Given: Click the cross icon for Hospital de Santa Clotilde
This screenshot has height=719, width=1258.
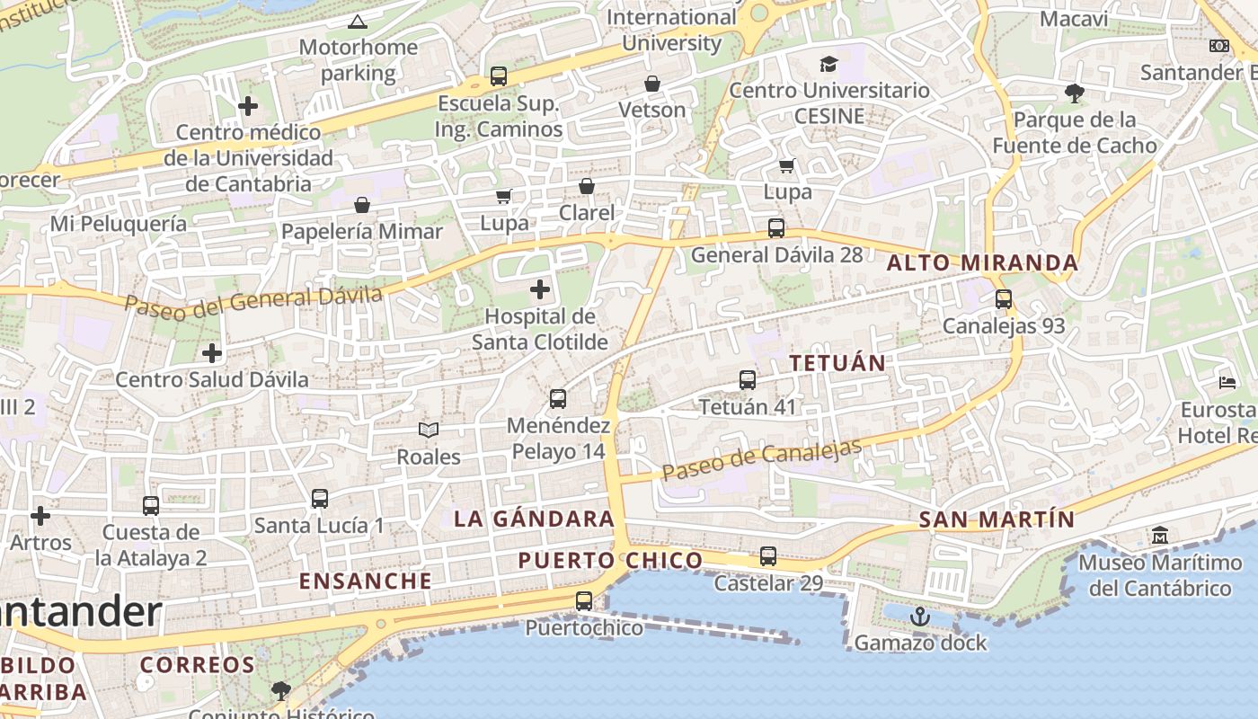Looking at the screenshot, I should (x=540, y=289).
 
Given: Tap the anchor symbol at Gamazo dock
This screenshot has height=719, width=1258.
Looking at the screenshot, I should (x=919, y=617).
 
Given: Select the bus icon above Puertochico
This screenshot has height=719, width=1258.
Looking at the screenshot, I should (x=584, y=601).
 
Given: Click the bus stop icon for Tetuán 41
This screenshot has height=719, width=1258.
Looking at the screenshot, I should (x=748, y=380).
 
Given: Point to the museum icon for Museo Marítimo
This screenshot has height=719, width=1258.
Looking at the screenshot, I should (x=1160, y=536).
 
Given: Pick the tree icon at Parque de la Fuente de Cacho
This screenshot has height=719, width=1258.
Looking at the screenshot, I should (x=1074, y=93).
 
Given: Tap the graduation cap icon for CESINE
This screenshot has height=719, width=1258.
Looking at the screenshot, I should (x=828, y=64).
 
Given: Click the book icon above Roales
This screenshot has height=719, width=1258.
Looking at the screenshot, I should (x=429, y=431).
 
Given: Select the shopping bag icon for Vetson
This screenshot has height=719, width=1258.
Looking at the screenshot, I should (x=652, y=84).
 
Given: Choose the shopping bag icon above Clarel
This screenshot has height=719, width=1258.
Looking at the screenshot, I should (x=587, y=186).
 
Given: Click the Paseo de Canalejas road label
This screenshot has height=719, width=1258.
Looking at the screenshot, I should (x=761, y=459).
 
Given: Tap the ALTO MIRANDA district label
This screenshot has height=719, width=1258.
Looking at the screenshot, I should (x=982, y=263).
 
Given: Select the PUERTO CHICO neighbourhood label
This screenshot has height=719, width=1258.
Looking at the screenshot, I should (x=610, y=561).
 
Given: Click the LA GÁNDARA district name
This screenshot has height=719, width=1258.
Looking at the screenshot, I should (x=534, y=519).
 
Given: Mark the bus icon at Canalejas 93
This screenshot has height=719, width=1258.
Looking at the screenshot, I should (x=1004, y=299).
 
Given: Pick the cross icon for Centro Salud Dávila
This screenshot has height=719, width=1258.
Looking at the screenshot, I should (x=212, y=353).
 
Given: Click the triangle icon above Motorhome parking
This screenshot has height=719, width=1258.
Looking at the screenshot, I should (x=358, y=22).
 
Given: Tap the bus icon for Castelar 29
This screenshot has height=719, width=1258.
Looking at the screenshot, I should (x=767, y=556).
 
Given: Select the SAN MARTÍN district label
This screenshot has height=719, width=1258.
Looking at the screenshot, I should (x=997, y=519).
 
